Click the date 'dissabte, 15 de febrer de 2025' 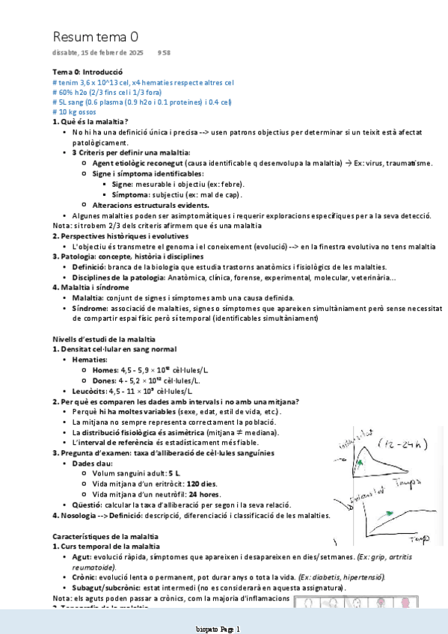pos(98,53)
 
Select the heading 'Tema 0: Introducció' pos(87,71)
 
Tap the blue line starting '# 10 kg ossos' pos(79,111)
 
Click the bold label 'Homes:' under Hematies pos(105,369)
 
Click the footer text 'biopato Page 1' pos(217,630)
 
